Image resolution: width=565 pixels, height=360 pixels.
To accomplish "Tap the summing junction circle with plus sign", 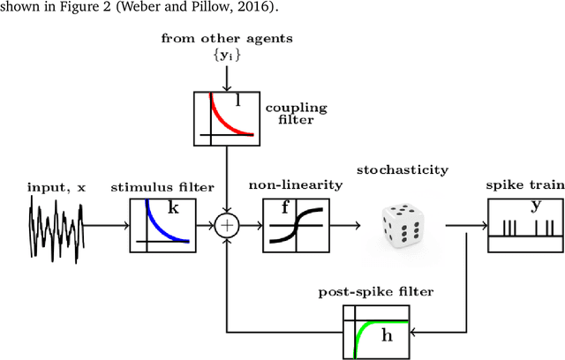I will click(227, 225).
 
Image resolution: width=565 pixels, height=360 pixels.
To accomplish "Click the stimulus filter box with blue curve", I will click(162, 224).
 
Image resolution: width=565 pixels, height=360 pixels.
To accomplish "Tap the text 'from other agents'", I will click(227, 39).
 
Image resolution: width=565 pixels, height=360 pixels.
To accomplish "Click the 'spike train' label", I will click(522, 187).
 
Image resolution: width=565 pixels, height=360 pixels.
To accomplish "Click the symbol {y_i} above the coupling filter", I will click(227, 56).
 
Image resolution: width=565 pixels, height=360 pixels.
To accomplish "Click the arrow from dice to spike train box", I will click(465, 225).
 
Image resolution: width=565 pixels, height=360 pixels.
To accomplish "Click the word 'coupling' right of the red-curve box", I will click(296, 108).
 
